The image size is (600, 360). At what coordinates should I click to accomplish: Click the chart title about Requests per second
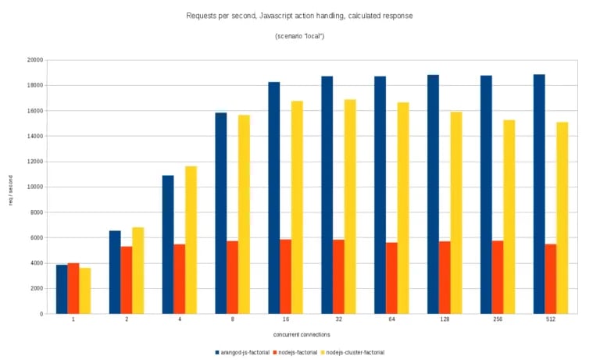(x=300, y=16)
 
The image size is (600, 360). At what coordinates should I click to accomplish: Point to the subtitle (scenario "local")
(x=300, y=37)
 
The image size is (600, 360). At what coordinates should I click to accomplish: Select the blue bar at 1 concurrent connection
(x=62, y=289)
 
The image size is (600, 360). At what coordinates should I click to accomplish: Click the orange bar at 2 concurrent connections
(x=127, y=280)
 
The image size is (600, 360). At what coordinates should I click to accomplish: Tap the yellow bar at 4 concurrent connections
(x=191, y=240)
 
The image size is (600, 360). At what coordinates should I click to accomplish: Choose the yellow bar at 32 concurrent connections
(x=350, y=206)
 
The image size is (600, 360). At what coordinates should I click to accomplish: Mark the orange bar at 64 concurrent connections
(x=391, y=278)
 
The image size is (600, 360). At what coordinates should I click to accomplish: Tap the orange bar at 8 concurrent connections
(x=232, y=277)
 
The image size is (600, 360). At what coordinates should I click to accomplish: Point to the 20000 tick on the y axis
(x=34, y=60)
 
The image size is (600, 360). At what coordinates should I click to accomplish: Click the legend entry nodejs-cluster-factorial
(x=355, y=352)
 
